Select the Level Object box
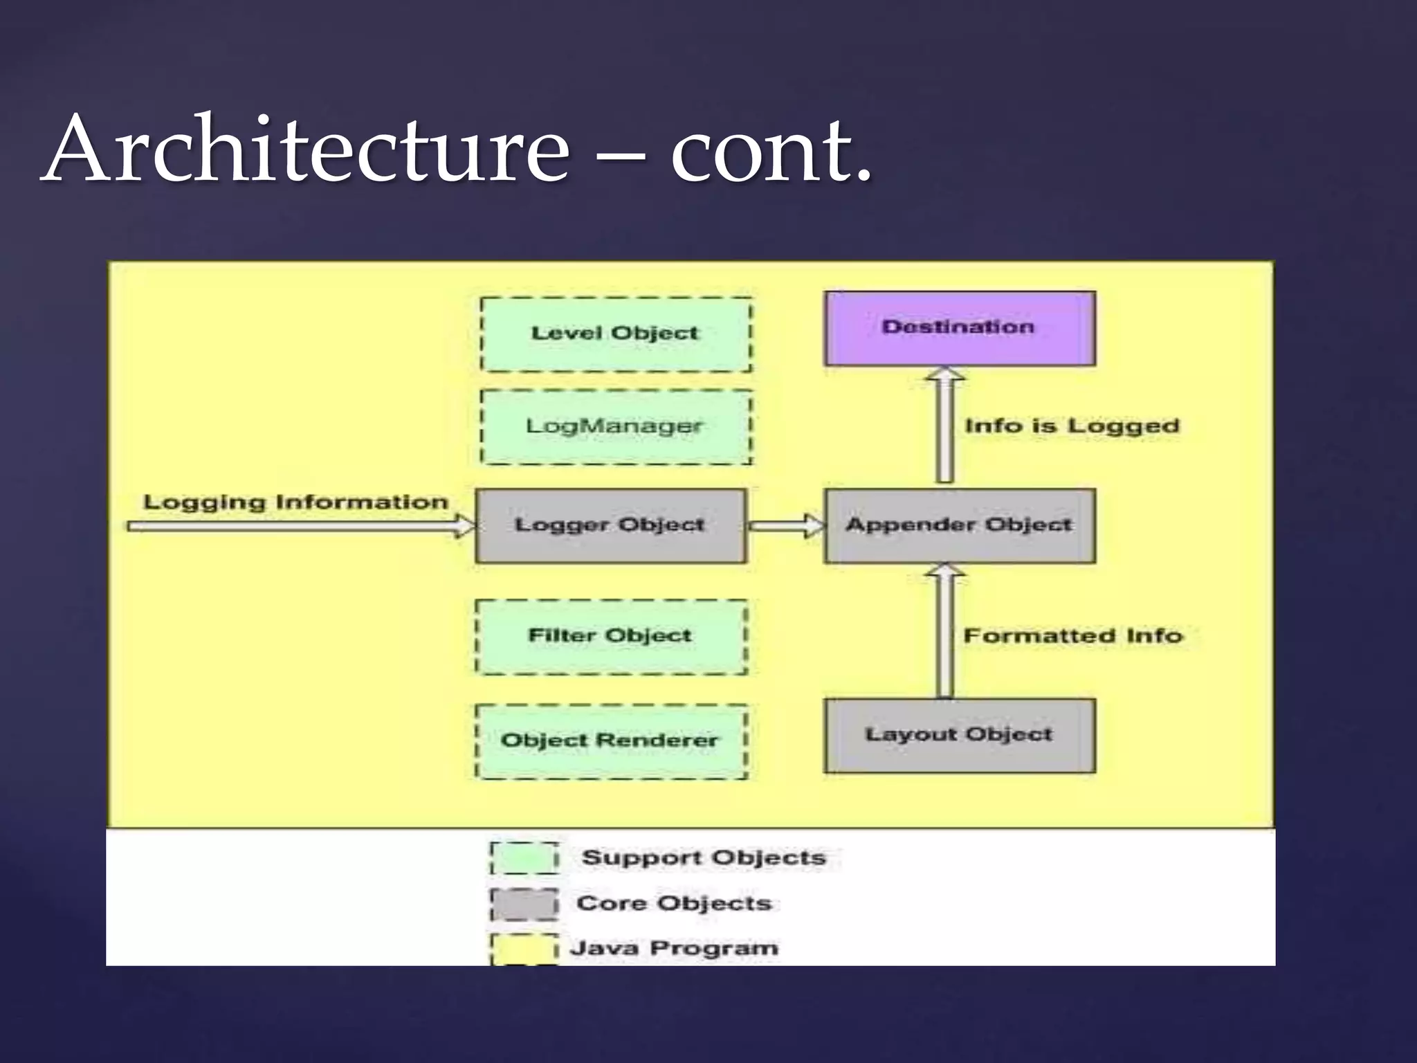point(615,334)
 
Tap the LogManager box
point(615,426)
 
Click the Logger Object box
point(610,526)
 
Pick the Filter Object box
point(610,637)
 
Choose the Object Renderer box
point(610,741)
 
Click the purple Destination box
point(959,328)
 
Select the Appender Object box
point(959,526)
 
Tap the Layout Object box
point(959,735)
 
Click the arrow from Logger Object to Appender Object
point(786,526)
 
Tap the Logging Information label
point(295,502)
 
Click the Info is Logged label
point(1072,426)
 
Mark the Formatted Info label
point(1072,635)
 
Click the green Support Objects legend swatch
point(524,858)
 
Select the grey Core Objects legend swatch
point(524,904)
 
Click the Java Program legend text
point(674,947)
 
